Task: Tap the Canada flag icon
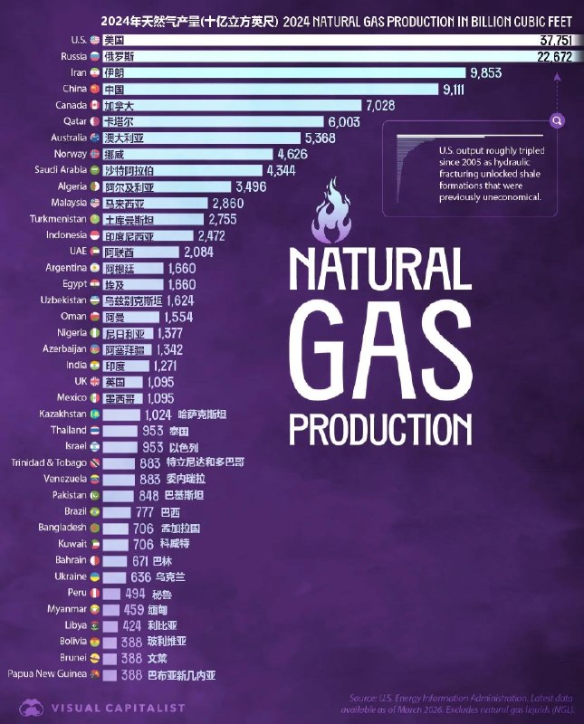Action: (x=94, y=105)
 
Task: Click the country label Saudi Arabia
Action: (x=60, y=170)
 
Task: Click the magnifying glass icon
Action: (x=558, y=120)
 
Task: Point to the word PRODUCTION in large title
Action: (x=380, y=426)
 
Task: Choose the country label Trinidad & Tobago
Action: (x=49, y=462)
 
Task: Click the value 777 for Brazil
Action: (x=144, y=511)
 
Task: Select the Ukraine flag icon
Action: (x=94, y=576)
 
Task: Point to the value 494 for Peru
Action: (x=135, y=593)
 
